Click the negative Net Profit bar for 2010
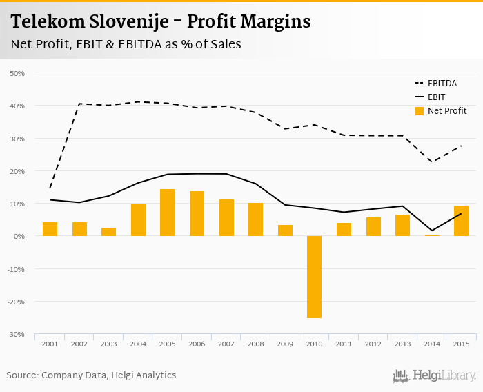pos(314,277)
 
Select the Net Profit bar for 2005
pos(167,213)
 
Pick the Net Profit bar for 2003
pos(108,232)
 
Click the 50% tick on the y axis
pos(17,73)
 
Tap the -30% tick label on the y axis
pos(16,335)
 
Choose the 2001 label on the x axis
pos(50,344)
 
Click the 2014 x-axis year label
pos(431,344)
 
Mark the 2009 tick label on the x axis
pos(284,344)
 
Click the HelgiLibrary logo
pos(434,375)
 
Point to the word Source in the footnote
pos(22,375)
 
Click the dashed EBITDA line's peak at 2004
pos(138,101)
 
